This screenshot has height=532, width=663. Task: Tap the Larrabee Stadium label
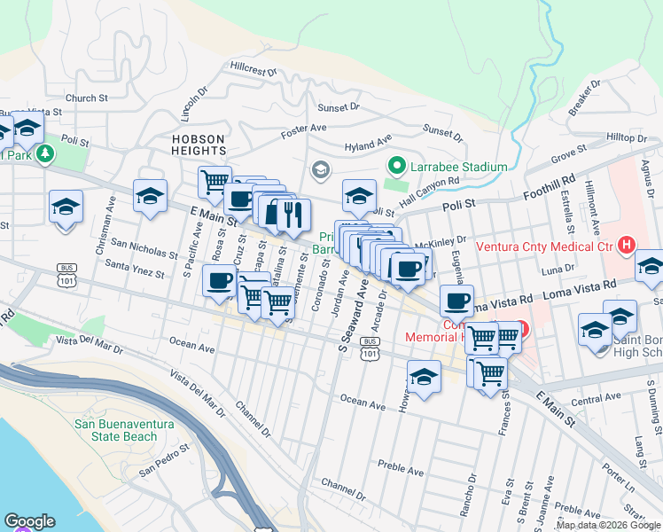458,167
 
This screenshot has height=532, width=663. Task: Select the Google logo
29,521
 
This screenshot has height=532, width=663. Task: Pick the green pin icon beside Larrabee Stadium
397,166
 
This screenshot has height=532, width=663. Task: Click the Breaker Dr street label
586,97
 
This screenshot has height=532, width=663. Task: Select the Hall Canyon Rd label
428,191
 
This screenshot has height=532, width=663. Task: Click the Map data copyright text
607,525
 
